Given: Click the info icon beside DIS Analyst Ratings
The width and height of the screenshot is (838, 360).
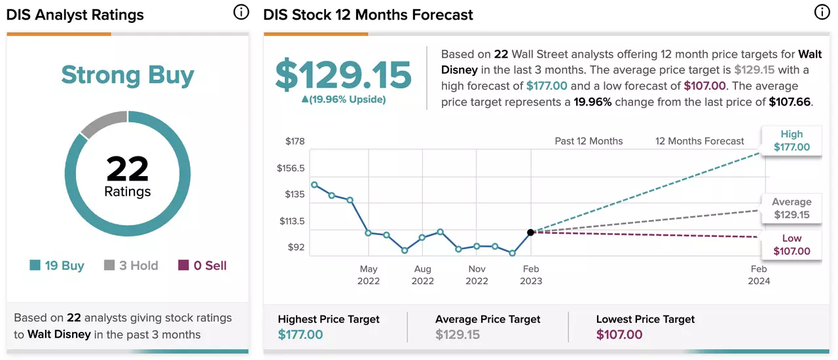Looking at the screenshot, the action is [x=241, y=12].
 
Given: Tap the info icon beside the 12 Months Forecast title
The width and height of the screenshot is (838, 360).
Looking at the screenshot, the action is [x=822, y=12].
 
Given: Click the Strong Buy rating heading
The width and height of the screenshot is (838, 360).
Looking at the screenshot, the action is [x=128, y=75].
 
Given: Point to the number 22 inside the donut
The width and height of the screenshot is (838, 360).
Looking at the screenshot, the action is [x=128, y=169].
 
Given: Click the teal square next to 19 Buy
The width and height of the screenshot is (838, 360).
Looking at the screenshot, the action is [x=35, y=265].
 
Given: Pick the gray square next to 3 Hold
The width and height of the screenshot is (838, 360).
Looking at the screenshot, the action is [x=109, y=265].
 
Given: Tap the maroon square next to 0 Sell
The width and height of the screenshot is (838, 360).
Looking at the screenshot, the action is [x=183, y=265].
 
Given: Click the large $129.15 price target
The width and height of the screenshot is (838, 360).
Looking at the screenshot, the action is [x=343, y=75].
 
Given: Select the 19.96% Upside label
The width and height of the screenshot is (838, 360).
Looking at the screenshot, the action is [x=344, y=99].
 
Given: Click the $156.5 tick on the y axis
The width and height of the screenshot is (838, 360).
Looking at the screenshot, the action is [x=291, y=168].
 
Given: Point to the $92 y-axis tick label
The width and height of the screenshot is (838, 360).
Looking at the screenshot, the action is [x=296, y=247].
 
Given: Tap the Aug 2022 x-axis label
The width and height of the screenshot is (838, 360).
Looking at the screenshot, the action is [x=423, y=275].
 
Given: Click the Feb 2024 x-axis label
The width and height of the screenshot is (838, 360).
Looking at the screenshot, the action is [x=759, y=275].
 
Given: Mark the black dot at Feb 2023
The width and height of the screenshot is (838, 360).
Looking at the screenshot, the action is [x=530, y=232].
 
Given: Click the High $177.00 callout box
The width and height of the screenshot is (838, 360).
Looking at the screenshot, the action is [x=792, y=141].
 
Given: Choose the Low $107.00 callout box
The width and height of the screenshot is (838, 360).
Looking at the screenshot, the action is [x=792, y=245].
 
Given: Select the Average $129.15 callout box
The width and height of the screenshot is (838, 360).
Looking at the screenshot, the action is [x=792, y=208].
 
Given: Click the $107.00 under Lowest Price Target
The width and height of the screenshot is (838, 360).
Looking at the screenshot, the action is [x=619, y=334].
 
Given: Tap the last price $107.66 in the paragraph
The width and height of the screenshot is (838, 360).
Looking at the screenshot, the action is [x=790, y=102].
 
